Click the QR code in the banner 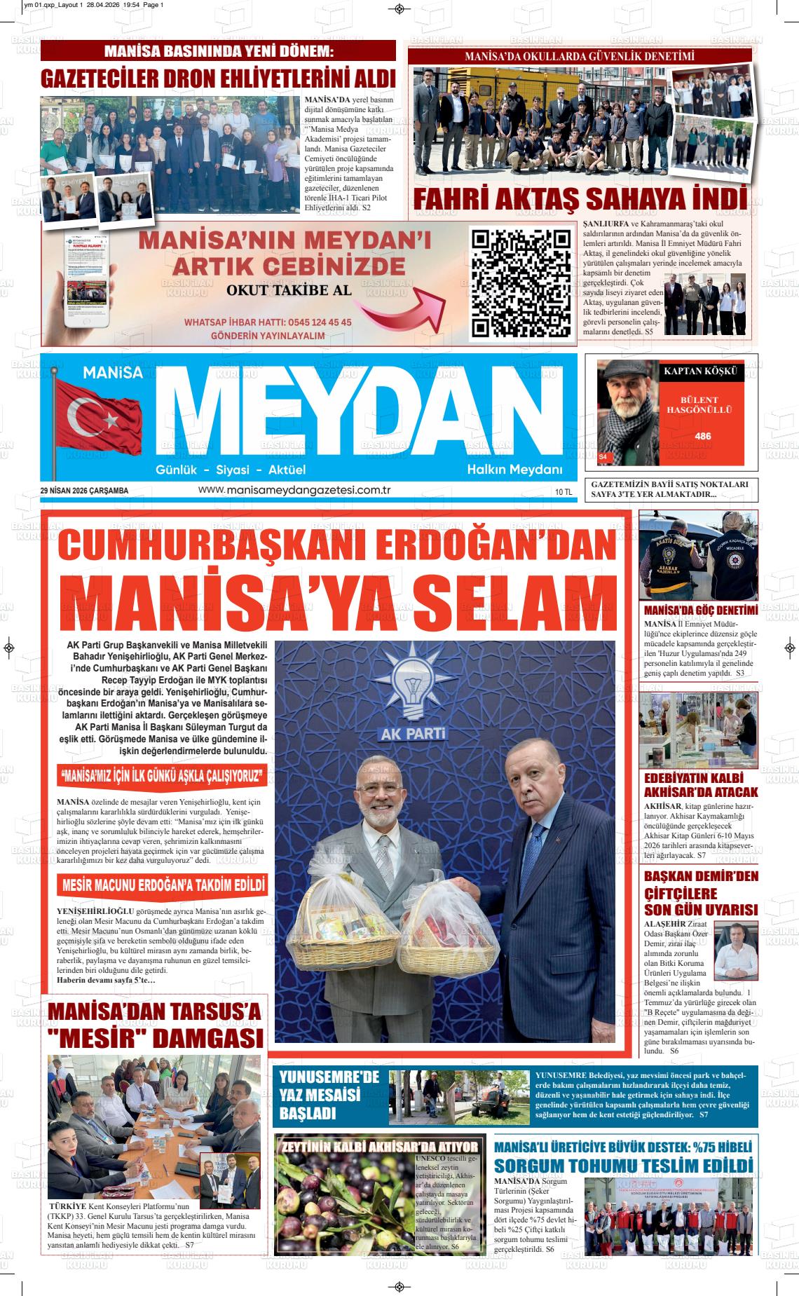(520, 284)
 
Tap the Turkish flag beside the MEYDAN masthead (97, 417)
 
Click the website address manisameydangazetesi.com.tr (294, 490)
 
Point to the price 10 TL (564, 492)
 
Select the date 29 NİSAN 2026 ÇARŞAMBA (85, 491)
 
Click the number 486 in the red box (702, 436)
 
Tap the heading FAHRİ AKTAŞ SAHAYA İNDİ (580, 198)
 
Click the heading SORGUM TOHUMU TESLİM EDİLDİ (624, 1166)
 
